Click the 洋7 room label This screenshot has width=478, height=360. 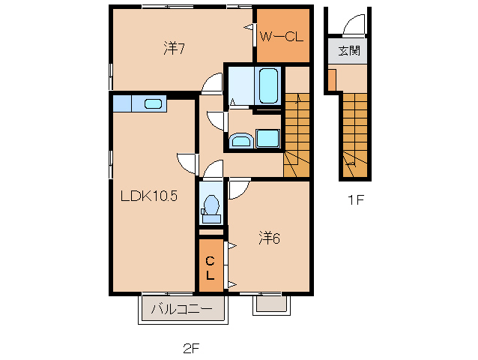(x=174, y=48)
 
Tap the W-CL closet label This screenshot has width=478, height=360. (x=282, y=37)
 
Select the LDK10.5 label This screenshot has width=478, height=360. (x=149, y=196)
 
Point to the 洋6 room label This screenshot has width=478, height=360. (x=269, y=238)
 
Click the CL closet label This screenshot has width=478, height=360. (x=210, y=268)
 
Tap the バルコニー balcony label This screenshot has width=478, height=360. (x=182, y=309)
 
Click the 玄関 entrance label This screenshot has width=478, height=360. (x=349, y=51)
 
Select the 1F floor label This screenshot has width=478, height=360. (x=356, y=200)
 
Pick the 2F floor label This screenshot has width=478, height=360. (x=191, y=349)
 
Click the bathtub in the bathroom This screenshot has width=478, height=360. (x=268, y=85)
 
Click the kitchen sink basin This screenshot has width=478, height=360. (x=153, y=103)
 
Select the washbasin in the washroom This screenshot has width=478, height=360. (x=242, y=140)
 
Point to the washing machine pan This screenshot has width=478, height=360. (x=267, y=139)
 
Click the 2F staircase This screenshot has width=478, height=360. (x=297, y=135)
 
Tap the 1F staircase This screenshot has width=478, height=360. (x=355, y=135)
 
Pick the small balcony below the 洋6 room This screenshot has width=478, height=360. (x=272, y=304)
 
